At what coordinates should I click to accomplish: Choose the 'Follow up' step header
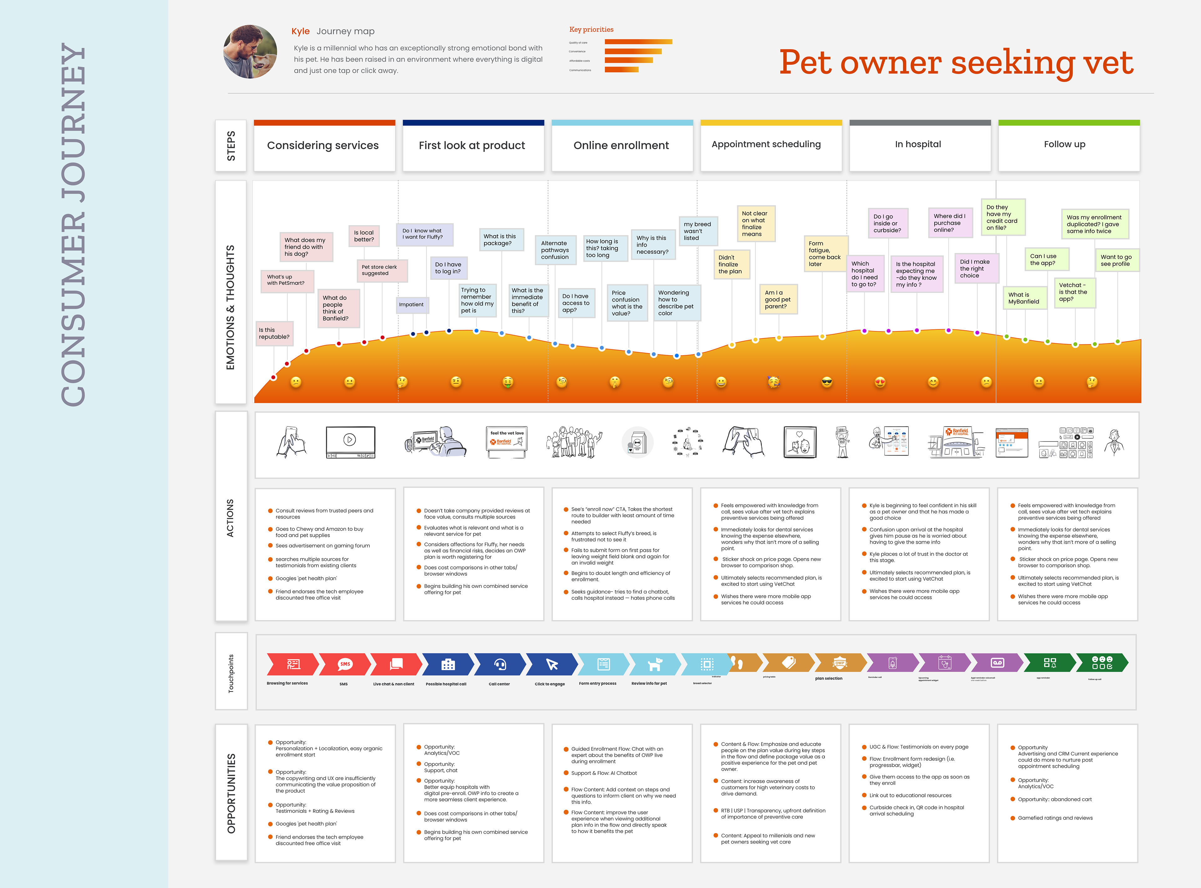1064,144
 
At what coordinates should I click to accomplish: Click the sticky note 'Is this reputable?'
274,333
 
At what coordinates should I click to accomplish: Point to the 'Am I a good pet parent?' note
778,300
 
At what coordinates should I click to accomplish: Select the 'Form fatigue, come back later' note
825,254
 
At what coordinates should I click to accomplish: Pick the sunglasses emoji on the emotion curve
827,382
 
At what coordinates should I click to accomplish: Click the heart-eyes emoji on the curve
880,382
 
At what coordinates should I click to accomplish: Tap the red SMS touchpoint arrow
345,664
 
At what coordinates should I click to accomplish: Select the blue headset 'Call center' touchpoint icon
500,664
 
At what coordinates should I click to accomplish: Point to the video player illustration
350,442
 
